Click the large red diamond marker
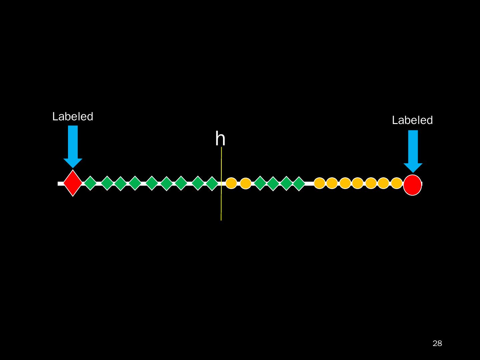tap(73, 183)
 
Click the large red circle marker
tap(412, 185)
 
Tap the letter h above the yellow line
tap(220, 139)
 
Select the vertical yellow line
tap(221, 200)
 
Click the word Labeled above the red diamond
tap(73, 117)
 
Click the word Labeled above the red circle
tap(412, 120)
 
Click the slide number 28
tap(437, 343)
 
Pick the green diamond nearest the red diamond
tap(90, 183)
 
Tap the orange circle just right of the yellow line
tap(231, 183)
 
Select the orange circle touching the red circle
tap(397, 183)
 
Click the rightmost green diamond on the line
tap(299, 184)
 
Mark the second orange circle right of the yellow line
tap(246, 183)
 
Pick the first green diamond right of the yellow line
tap(260, 183)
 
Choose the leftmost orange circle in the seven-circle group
tap(319, 183)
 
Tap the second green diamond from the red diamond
tap(107, 183)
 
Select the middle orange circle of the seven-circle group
tap(358, 183)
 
